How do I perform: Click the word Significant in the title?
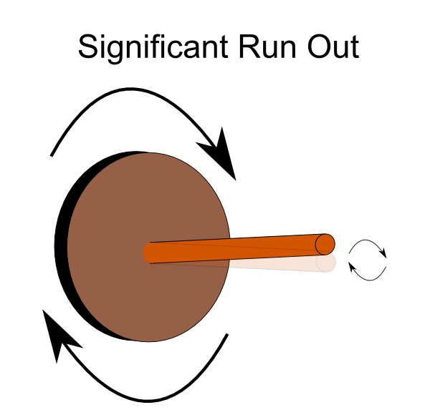(153, 48)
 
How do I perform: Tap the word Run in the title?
(267, 47)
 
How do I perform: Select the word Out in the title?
(333, 47)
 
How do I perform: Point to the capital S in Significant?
(88, 47)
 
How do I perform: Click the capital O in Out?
(319, 47)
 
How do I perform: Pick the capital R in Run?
(249, 47)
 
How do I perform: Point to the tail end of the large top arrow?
(52, 156)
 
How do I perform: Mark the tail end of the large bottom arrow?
(227, 334)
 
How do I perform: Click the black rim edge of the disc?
(62, 246)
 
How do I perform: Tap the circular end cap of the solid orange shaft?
(325, 244)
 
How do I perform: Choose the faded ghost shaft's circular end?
(326, 262)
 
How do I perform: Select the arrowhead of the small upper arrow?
(383, 253)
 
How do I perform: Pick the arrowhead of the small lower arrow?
(352, 267)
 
